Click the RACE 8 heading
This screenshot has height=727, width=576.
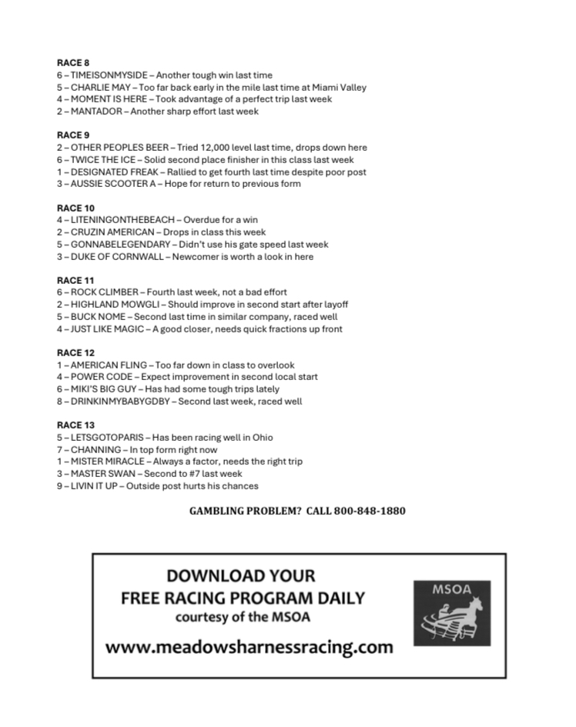click(73, 63)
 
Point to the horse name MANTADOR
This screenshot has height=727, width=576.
click(95, 112)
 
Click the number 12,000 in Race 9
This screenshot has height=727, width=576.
click(224, 148)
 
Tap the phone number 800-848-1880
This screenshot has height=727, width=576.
click(370, 511)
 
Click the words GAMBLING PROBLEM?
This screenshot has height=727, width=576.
click(245, 511)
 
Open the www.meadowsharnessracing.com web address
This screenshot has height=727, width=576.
click(249, 647)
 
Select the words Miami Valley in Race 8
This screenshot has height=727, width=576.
click(340, 88)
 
